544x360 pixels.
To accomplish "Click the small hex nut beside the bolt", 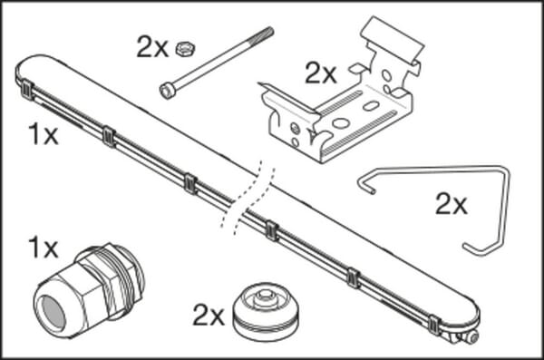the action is pyautogui.click(x=185, y=49).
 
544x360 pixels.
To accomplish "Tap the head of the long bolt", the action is pyautogui.click(x=167, y=91).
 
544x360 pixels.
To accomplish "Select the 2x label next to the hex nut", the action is pyautogui.click(x=152, y=47).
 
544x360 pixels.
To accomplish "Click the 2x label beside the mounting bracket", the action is pyautogui.click(x=321, y=73).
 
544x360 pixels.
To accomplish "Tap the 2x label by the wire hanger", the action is pyautogui.click(x=451, y=204).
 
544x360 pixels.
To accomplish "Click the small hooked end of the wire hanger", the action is pyautogui.click(x=367, y=185).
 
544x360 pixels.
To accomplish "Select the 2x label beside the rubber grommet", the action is pyautogui.click(x=209, y=316).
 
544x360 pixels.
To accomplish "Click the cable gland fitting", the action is pyautogui.click(x=89, y=291).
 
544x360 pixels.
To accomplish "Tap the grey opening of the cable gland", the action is pyautogui.click(x=53, y=314).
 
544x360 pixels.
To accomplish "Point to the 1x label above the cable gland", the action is pyautogui.click(x=43, y=248).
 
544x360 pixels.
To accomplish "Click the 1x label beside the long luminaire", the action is pyautogui.click(x=43, y=134).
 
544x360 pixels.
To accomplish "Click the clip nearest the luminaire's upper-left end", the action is pyautogui.click(x=27, y=90).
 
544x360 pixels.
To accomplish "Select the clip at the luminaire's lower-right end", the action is pyautogui.click(x=434, y=325).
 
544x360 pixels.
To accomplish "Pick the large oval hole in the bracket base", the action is pyautogui.click(x=341, y=123).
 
